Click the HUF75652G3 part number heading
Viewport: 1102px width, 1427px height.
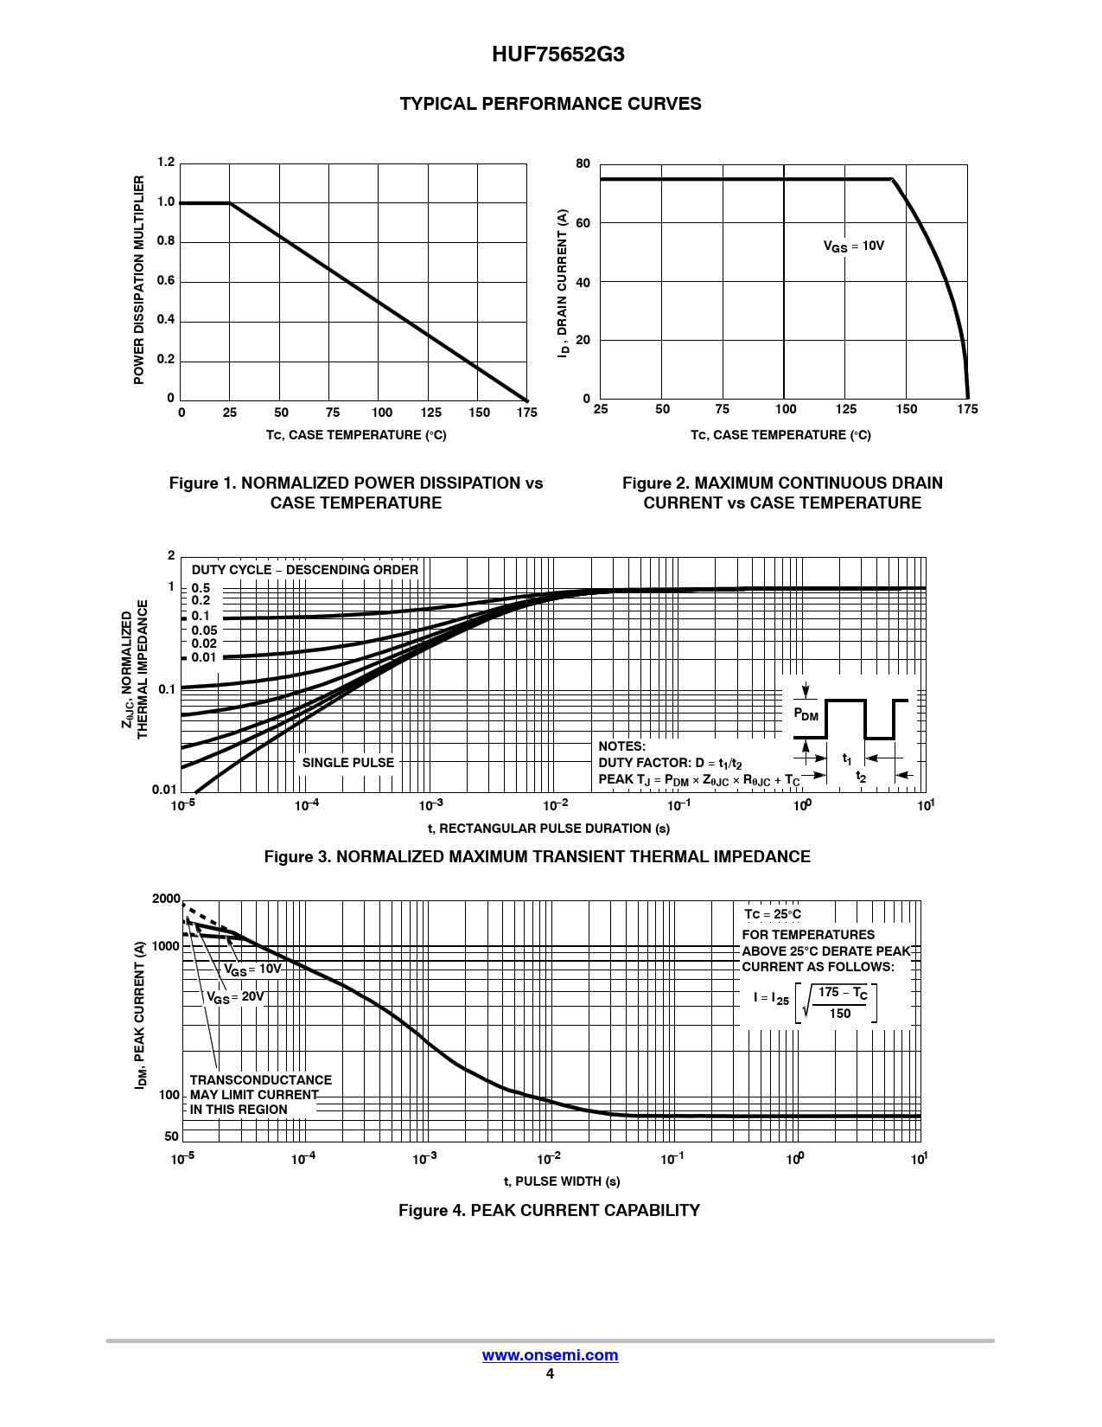[557, 54]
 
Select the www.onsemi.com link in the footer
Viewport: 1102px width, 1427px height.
[550, 1355]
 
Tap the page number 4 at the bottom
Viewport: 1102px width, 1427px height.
[550, 1374]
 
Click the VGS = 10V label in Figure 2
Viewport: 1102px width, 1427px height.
[853, 246]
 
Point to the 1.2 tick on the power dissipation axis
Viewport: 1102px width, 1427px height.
[166, 163]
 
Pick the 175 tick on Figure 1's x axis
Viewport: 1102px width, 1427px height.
[527, 413]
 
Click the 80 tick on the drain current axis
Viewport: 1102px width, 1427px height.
[583, 163]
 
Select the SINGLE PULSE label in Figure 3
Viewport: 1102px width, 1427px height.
[347, 763]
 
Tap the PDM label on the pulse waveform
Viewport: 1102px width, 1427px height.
[806, 714]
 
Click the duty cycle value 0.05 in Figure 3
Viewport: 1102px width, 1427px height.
[204, 630]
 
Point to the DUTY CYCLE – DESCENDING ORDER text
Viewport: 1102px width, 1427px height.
[304, 570]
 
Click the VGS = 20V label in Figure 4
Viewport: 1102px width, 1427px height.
[235, 997]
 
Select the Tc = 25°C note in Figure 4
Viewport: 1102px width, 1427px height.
[773, 914]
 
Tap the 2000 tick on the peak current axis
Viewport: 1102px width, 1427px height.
[166, 899]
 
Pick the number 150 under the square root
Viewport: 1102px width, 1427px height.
[840, 1014]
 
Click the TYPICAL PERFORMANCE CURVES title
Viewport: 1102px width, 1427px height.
[551, 104]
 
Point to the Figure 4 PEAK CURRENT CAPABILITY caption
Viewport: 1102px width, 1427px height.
[549, 1210]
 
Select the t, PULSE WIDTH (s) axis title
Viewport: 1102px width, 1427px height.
[562, 1181]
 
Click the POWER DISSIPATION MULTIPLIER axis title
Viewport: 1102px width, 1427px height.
[139, 279]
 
